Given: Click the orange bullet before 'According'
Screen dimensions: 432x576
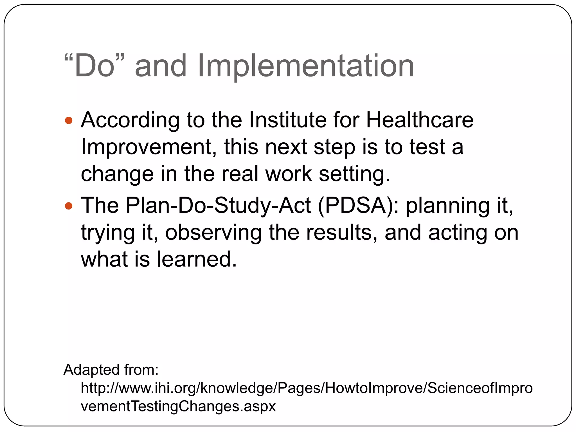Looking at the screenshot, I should pyautogui.click(x=69, y=121).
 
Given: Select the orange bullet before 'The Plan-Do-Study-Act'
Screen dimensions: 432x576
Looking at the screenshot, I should pyautogui.click(x=69, y=206).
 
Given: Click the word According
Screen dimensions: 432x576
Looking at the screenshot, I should pyautogui.click(x=130, y=120).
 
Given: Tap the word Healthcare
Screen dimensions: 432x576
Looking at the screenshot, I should pyautogui.click(x=420, y=120).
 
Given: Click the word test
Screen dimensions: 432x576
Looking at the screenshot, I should pyautogui.click(x=427, y=147).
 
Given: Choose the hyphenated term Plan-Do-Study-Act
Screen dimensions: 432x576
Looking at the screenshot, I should pyautogui.click(x=218, y=206).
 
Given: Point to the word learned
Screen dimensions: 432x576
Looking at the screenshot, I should pyautogui.click(x=196, y=259).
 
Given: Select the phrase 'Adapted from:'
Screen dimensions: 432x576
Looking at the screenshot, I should pyautogui.click(x=111, y=370).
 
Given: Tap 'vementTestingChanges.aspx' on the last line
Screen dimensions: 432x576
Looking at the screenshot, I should pyautogui.click(x=178, y=406).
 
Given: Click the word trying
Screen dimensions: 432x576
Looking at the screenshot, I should pyautogui.click(x=108, y=233).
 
